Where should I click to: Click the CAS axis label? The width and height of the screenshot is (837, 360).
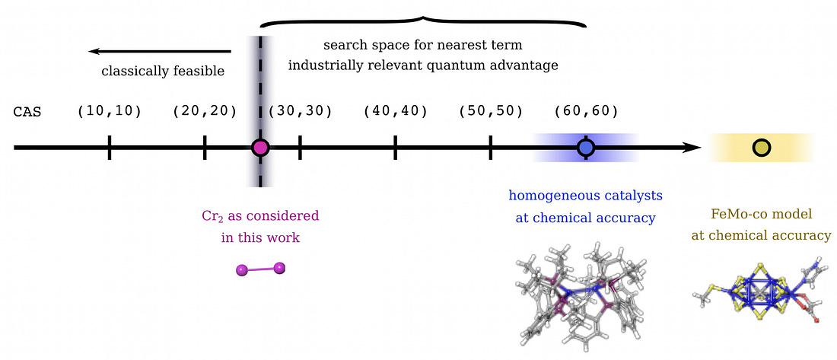point(27,113)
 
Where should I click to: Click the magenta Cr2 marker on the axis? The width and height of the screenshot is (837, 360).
point(260,148)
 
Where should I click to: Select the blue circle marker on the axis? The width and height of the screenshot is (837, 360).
point(586,148)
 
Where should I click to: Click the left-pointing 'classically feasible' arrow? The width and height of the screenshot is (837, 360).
point(160,51)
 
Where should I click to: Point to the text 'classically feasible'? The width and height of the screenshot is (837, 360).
point(163,71)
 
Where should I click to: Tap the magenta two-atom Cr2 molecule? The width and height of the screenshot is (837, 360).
point(260,269)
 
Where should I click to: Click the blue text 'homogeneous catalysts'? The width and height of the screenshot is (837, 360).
point(586,196)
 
